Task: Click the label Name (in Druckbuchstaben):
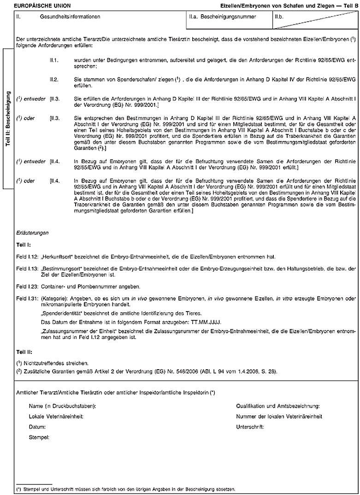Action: (62, 406)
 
